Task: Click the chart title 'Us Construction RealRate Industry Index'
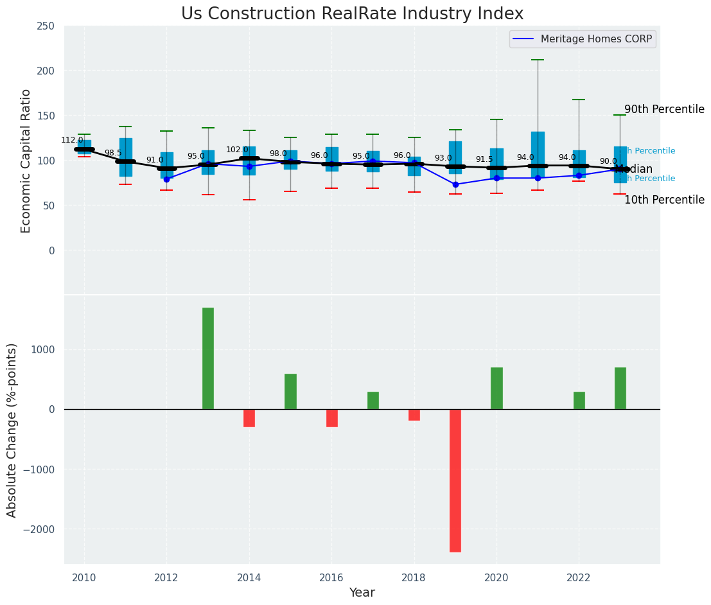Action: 352,14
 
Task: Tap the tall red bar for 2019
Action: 455,480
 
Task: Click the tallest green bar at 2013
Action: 208,358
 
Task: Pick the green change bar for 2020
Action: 496,389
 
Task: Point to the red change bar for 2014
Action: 249,418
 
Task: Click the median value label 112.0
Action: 72,140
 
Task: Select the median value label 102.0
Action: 237,150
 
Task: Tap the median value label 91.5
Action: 484,159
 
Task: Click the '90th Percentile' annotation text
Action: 664,109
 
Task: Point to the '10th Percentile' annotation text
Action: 664,200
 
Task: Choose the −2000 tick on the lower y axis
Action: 40,529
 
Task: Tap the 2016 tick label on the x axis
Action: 331,577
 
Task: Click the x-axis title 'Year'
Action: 362,592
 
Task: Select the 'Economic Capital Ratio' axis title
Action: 26,161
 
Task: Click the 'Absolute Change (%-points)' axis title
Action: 12,430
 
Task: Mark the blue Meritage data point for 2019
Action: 455,184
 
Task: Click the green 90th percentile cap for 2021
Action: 538,60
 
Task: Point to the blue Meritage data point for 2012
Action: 166,179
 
